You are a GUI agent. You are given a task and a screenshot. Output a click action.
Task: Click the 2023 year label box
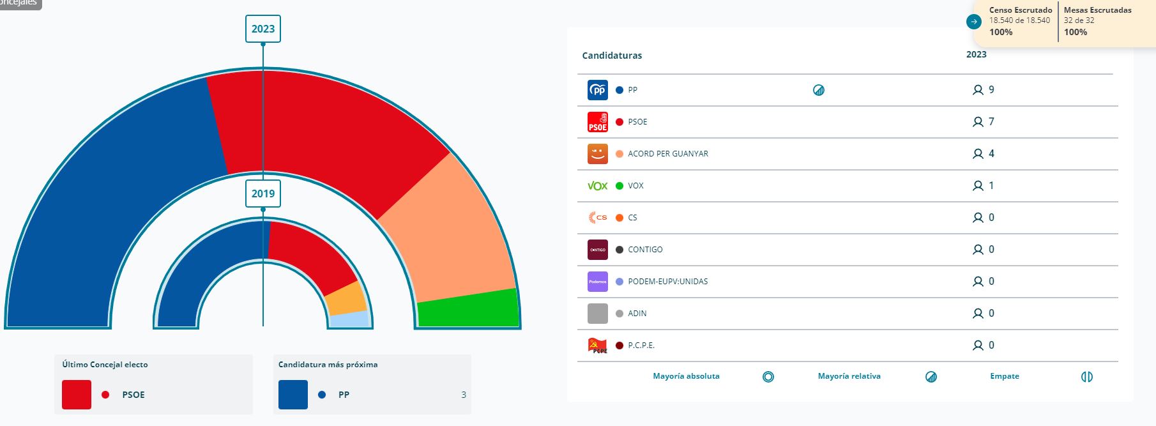[x=263, y=29]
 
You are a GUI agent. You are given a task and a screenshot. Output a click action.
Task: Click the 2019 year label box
[x=263, y=194]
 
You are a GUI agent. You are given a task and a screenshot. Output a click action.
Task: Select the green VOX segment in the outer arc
[x=468, y=308]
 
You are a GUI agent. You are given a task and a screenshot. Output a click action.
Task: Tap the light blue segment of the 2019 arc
[x=350, y=319]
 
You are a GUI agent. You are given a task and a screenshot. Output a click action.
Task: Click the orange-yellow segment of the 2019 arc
[x=346, y=299]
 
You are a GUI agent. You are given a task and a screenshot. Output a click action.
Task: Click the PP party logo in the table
[x=598, y=90]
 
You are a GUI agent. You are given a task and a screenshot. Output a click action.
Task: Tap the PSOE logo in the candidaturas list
[x=598, y=122]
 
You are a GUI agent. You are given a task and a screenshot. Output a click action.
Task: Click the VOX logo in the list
[x=598, y=186]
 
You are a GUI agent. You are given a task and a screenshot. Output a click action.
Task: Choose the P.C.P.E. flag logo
[x=598, y=346]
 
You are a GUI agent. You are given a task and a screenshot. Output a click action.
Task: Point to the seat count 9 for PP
[x=991, y=90]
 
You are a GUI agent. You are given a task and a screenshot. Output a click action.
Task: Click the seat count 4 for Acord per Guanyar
[x=991, y=154]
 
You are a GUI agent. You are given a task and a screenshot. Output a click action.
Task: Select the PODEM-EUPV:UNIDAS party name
[x=667, y=282]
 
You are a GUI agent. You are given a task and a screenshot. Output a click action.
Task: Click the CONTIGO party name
[x=645, y=250]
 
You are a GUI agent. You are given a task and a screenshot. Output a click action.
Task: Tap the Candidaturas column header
[x=612, y=56]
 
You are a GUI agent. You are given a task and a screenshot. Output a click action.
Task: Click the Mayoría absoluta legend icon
[x=768, y=377]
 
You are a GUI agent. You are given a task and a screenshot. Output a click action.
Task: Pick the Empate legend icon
[x=1086, y=377]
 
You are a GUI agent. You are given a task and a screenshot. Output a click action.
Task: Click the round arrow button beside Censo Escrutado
[x=974, y=22]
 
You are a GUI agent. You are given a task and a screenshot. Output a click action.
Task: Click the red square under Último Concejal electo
[x=77, y=395]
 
